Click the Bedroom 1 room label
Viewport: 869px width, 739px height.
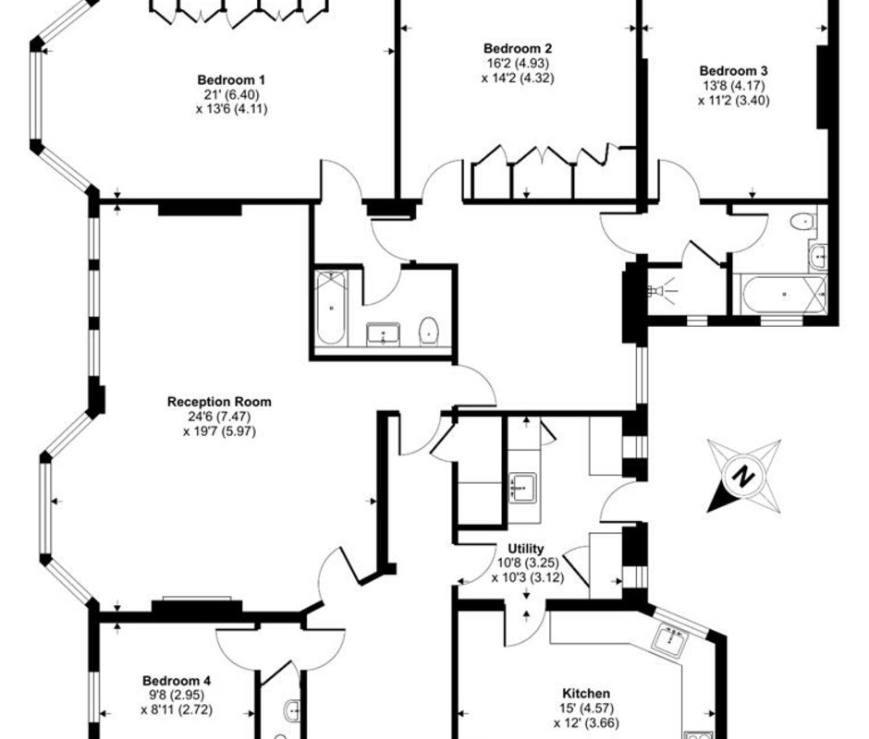click(231, 79)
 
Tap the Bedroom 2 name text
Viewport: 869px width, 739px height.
click(518, 49)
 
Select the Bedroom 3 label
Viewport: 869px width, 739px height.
click(733, 71)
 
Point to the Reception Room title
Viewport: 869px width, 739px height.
click(219, 402)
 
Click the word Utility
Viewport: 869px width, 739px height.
click(526, 549)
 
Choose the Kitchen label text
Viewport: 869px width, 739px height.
click(586, 693)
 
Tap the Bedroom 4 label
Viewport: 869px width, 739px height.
click(177, 680)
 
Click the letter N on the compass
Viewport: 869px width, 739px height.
click(743, 475)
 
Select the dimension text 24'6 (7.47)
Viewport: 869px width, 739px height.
click(219, 416)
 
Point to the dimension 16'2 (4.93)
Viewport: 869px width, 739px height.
click(518, 63)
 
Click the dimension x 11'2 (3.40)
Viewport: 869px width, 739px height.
click(734, 101)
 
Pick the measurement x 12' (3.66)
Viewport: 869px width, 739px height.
click(586, 722)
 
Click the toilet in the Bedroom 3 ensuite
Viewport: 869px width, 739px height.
click(802, 222)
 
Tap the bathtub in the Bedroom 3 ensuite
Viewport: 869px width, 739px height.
click(783, 295)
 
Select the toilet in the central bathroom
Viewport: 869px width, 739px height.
click(429, 332)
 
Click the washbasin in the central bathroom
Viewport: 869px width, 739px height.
click(383, 334)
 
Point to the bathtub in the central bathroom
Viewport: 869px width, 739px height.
click(331, 308)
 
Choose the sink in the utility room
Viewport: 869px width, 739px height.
click(522, 488)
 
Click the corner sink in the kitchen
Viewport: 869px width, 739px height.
click(670, 640)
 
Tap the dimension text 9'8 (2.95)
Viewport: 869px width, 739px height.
click(177, 695)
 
